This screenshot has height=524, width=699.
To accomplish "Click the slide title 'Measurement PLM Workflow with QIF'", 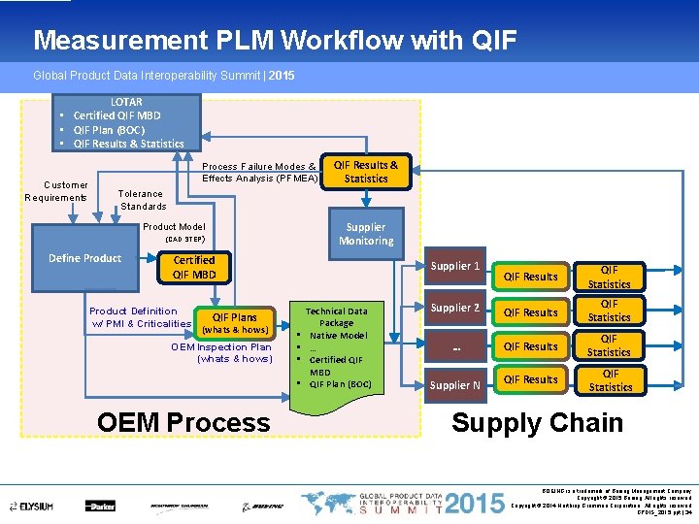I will coord(275,40).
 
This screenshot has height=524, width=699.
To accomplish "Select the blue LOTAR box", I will coord(126,122).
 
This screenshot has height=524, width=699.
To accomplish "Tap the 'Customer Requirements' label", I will coord(56,191).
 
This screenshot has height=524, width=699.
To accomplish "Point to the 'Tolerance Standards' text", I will coord(143,199).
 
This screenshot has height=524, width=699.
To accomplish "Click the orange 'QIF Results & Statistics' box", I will coord(366,171).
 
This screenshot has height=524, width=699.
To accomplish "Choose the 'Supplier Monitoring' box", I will coord(366,233).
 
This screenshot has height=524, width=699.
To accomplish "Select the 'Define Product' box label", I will coord(85,258).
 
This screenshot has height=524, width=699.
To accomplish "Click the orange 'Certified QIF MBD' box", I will coord(194,267).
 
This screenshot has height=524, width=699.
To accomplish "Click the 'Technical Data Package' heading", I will coord(336,317).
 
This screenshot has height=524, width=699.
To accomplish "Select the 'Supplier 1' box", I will coord(455,266).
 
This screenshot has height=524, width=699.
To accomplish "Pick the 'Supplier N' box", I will coord(455,384).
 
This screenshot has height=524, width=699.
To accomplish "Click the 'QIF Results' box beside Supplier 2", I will coord(532,312).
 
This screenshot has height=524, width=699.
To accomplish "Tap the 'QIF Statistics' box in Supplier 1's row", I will coord(609,277).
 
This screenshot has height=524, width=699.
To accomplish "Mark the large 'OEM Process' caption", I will coord(183,423).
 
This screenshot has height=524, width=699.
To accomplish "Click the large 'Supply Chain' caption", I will coord(537,423).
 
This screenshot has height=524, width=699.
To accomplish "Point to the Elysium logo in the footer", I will coord(33,506).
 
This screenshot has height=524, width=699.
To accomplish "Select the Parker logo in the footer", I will coord(100,506).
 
